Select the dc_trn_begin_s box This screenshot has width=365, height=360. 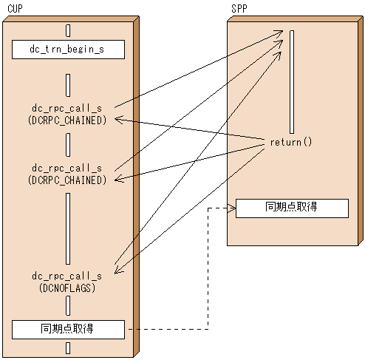68,50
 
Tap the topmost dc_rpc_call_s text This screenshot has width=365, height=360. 68,108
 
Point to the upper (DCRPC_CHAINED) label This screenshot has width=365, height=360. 68,120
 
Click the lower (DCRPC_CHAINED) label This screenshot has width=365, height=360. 68,180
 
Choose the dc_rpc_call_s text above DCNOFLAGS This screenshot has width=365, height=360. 68,276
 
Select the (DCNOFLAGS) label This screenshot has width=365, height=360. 68,288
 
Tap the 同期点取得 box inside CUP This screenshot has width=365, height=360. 68,329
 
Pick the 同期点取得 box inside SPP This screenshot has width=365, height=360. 292,208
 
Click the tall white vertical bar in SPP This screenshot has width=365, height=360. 293,81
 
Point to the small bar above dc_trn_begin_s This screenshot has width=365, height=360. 68,30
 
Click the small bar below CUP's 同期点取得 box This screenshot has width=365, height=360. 68,348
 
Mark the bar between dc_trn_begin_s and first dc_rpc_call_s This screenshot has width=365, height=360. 68,85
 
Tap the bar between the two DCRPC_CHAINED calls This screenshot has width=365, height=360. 68,146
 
